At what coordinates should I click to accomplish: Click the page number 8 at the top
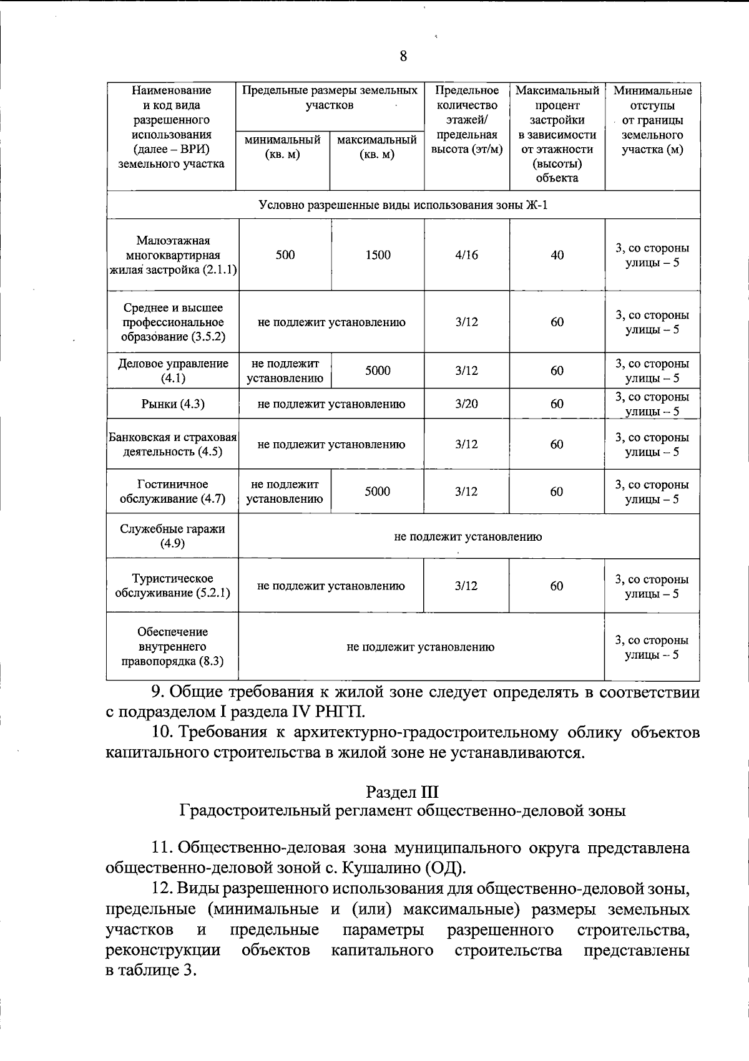[x=403, y=57]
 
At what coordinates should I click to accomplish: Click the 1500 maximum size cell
[x=378, y=255]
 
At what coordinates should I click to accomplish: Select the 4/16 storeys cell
[x=467, y=255]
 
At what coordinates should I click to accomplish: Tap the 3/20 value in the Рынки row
[x=467, y=404]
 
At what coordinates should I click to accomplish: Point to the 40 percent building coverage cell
[x=557, y=255]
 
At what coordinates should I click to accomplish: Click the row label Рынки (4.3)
[x=173, y=404]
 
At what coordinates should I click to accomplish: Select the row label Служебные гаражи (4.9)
[x=172, y=536]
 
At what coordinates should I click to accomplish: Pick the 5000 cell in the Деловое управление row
[x=378, y=371]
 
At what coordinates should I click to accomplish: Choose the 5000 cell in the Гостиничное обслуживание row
[x=378, y=492]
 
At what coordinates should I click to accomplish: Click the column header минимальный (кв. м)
[x=283, y=147]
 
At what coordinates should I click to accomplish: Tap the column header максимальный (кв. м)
[x=377, y=147]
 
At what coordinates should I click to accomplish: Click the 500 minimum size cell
[x=285, y=255]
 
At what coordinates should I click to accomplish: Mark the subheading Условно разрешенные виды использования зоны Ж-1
[x=403, y=205]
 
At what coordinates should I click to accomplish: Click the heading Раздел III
[x=402, y=792]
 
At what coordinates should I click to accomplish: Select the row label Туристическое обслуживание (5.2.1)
[x=172, y=586]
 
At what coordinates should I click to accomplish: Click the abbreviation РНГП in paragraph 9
[x=343, y=712]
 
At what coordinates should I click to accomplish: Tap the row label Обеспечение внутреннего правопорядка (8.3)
[x=172, y=647]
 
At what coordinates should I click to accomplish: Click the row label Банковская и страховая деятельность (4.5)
[x=173, y=444]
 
